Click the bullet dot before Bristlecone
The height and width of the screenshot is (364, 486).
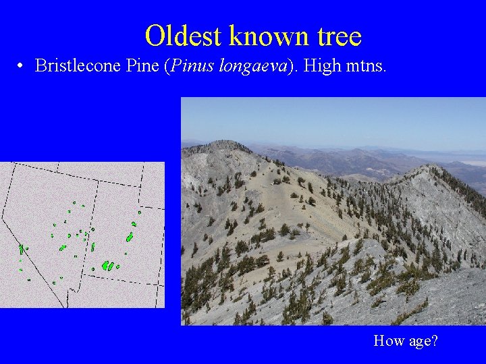[22, 66]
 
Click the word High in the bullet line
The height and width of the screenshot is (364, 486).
[325, 65]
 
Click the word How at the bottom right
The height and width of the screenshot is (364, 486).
[388, 340]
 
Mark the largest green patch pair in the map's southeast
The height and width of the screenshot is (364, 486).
[107, 266]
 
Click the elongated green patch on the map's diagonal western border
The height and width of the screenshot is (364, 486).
[22, 249]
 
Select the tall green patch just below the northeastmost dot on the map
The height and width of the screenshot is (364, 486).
[130, 237]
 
